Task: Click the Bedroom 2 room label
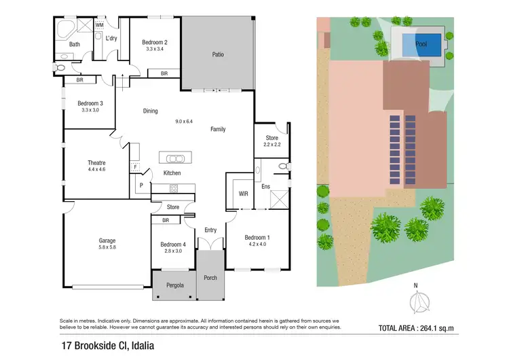155,42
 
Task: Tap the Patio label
218,54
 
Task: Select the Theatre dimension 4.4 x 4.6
96,170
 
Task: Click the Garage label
107,240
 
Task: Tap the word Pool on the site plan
421,45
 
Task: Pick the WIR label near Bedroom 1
243,194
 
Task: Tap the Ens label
266,185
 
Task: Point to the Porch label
210,278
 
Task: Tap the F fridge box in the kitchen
136,166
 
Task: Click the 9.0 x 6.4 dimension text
184,122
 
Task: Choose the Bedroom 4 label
172,245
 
